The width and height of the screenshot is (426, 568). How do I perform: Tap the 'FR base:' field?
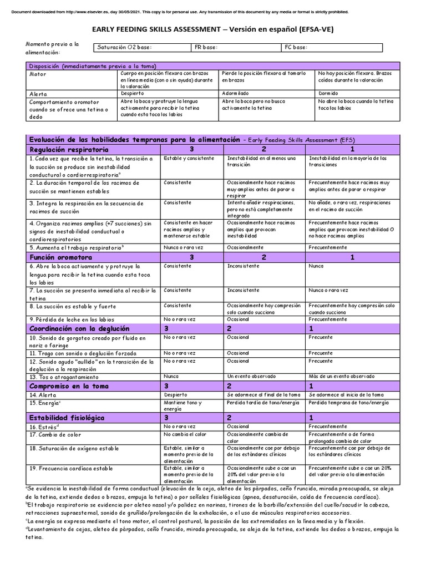pyautogui.click(x=236, y=48)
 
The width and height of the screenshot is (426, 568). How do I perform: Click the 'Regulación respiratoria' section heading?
pyautogui.click(x=69, y=150)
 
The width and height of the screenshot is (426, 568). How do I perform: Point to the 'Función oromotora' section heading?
pyautogui.click(x=60, y=257)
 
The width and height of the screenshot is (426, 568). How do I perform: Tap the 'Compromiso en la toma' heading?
pyautogui.click(x=69, y=386)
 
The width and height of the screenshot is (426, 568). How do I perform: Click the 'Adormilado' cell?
pyautogui.click(x=235, y=94)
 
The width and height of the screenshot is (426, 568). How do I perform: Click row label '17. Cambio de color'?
pyautogui.click(x=55, y=435)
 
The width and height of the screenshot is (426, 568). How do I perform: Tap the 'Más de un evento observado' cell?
pyautogui.click(x=342, y=377)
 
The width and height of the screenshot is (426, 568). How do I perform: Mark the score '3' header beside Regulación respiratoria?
pyautogui.click(x=192, y=150)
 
